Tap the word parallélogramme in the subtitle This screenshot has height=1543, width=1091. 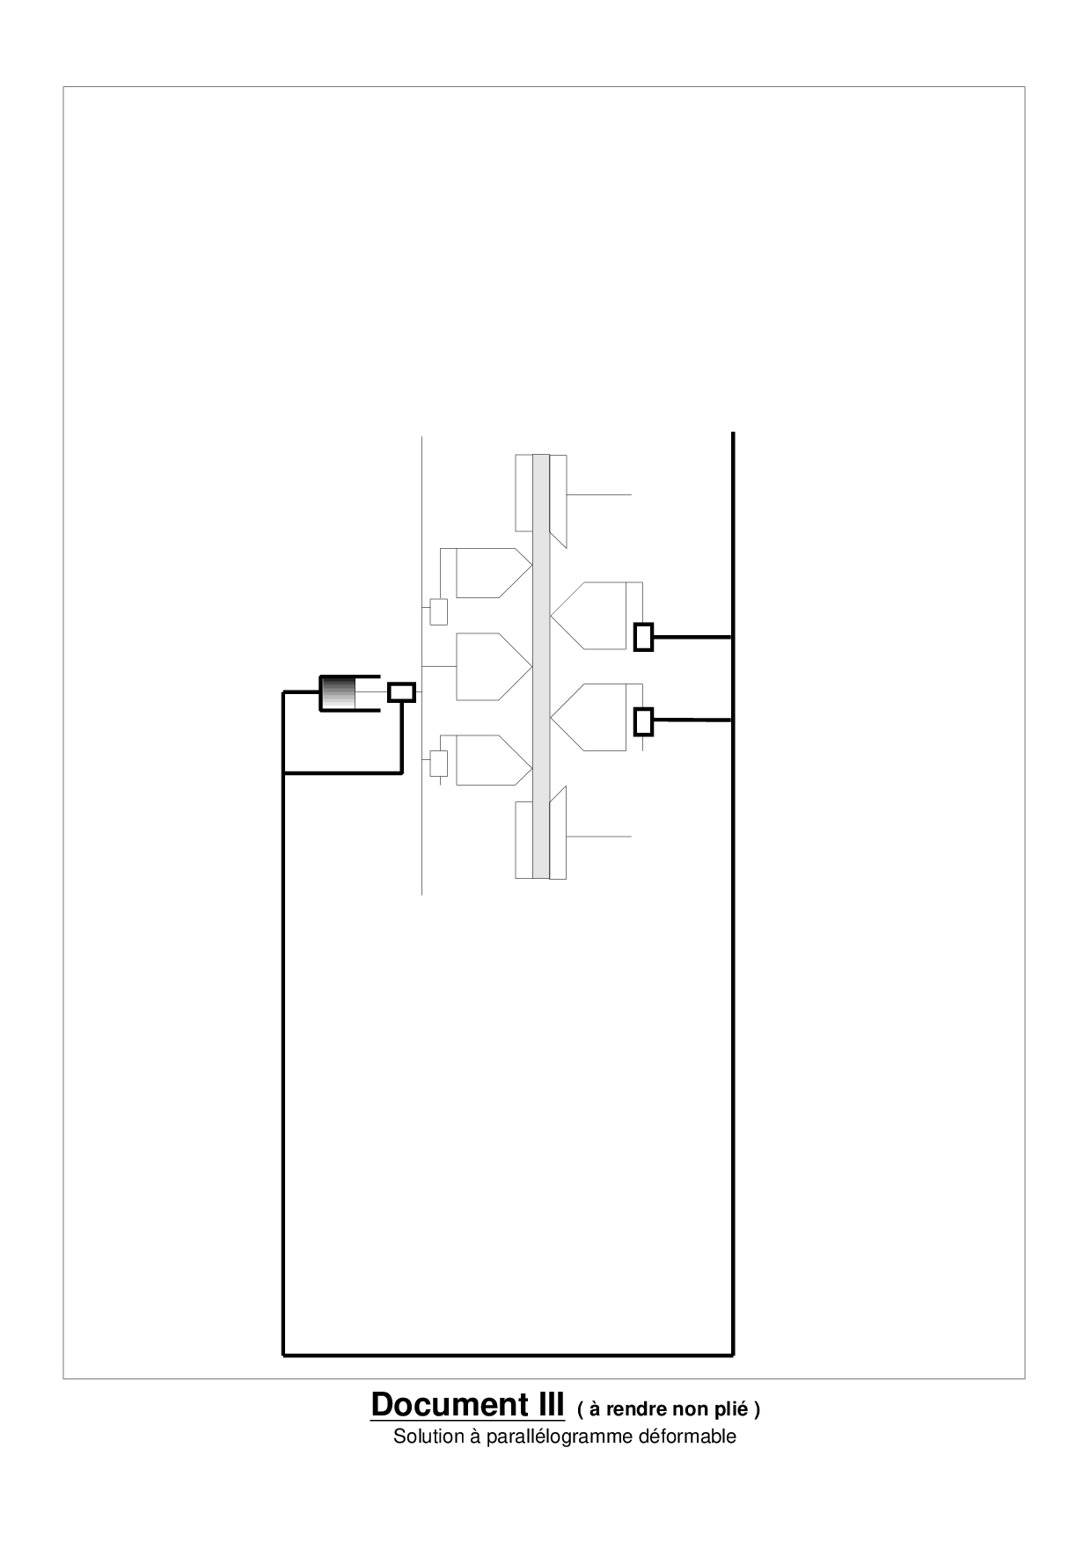[558, 1437]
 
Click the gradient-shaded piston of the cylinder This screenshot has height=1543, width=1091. [337, 692]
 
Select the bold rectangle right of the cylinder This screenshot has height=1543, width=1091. [402, 692]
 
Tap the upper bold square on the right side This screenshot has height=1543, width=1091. [644, 636]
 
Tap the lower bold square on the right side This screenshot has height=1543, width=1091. [644, 721]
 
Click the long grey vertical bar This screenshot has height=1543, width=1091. [541, 666]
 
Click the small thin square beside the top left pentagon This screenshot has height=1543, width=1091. [438, 611]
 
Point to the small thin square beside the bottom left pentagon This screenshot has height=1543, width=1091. [438, 764]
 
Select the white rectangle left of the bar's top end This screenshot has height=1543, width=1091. [524, 493]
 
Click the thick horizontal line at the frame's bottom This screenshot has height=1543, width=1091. [508, 1355]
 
